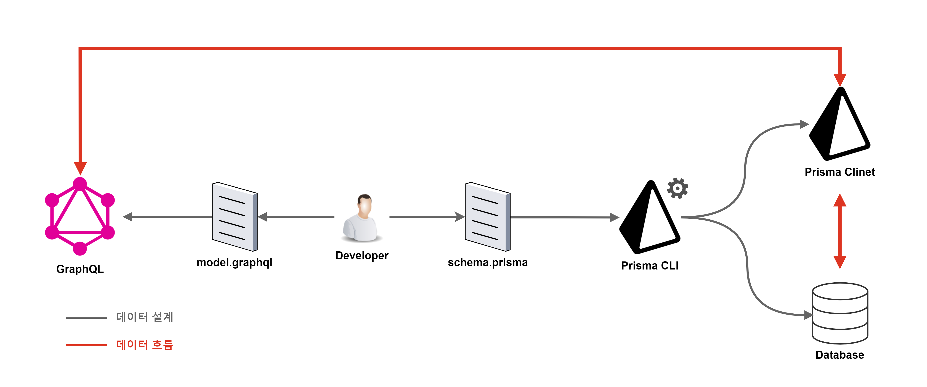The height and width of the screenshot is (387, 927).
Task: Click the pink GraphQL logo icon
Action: (80, 216)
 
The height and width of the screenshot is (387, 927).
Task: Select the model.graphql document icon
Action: (235, 217)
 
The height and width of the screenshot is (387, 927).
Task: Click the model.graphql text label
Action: (234, 262)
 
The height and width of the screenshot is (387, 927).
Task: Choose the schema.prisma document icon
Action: (488, 217)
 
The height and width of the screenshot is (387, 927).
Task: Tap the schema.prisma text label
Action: (488, 262)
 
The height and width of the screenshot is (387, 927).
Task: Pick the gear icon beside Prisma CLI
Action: (678, 188)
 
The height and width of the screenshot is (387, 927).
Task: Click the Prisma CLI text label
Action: (649, 266)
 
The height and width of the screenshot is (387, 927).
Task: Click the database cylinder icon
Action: (840, 313)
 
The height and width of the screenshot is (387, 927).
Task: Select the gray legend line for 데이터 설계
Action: (86, 318)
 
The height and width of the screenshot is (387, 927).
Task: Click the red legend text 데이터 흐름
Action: (145, 345)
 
